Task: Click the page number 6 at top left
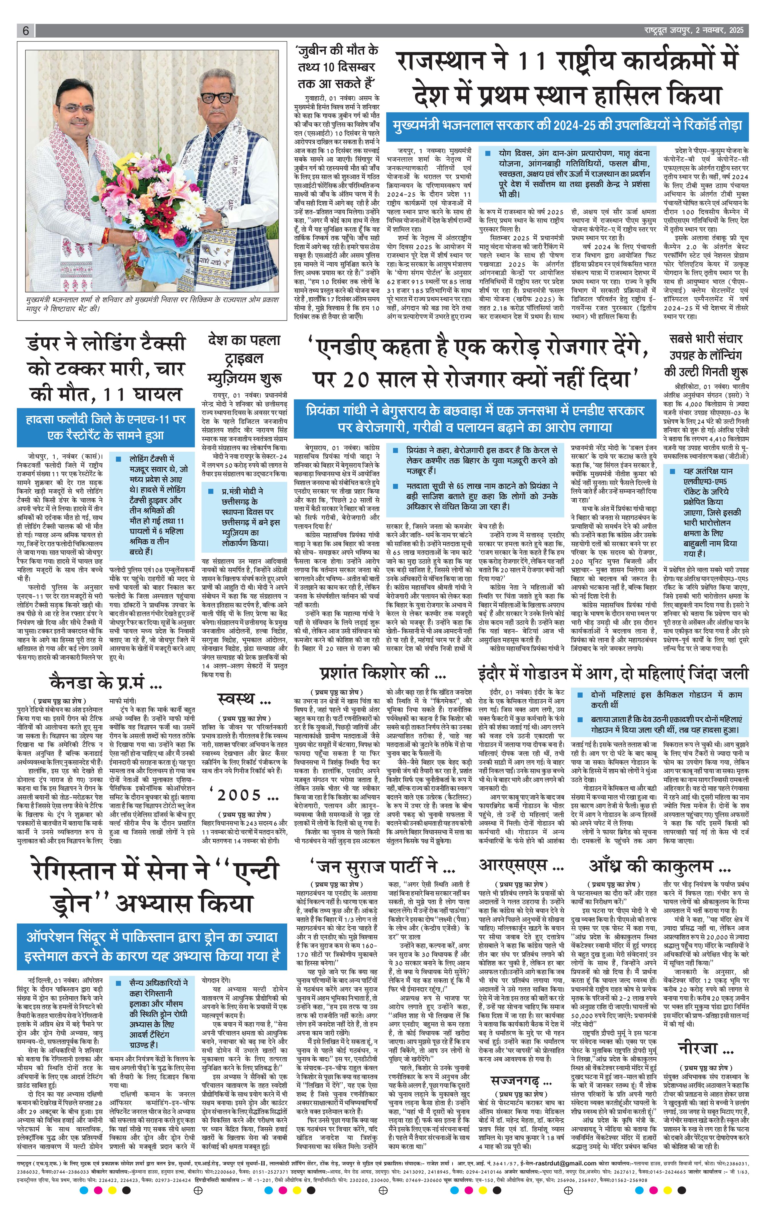(x=25, y=31)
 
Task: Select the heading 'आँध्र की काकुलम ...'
(x=659, y=866)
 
